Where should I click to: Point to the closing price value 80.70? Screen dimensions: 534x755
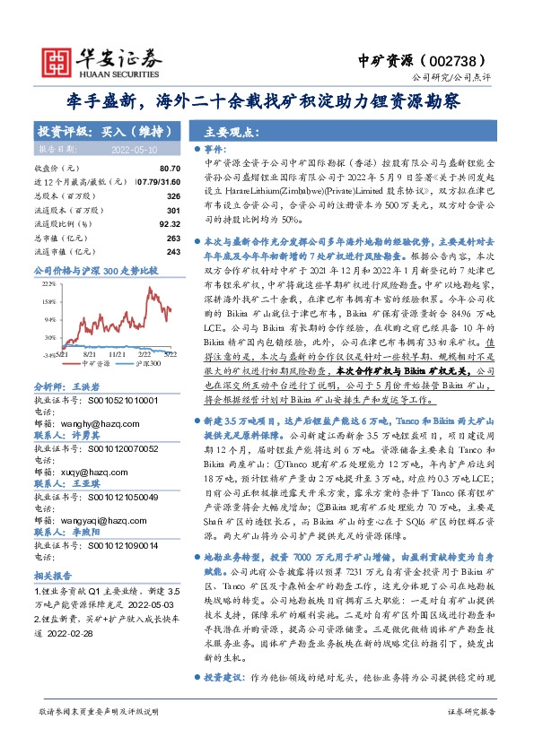click(170, 169)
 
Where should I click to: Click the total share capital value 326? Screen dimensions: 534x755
click(174, 195)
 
